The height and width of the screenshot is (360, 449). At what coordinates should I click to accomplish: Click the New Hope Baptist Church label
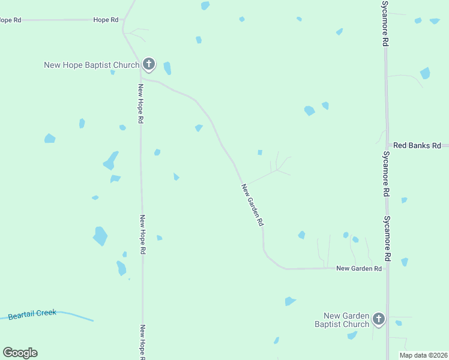coord(91,65)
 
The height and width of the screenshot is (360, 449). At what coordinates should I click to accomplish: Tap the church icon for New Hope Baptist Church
coord(149,64)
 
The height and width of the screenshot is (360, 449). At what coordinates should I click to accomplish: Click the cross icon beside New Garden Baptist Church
coord(378,319)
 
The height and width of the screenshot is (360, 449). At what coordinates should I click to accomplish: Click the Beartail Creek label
coord(32,313)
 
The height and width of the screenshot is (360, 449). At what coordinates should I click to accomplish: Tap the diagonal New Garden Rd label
coord(253,205)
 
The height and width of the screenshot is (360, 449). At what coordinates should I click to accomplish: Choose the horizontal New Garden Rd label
coord(359,268)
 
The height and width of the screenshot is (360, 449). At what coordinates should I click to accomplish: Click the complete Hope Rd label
coord(106,20)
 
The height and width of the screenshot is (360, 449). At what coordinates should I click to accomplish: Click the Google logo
coord(20,353)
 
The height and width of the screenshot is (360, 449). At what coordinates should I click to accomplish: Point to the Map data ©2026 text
coord(423,355)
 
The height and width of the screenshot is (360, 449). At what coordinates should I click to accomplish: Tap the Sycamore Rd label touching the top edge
coord(385,24)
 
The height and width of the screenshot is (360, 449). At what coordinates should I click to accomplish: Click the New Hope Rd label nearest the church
coord(140,103)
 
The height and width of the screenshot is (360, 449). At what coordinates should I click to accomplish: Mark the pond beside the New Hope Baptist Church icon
coord(167,68)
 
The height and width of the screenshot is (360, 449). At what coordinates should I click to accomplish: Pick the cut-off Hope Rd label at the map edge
coord(10,20)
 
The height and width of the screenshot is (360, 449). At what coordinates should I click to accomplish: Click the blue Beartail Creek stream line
coord(78,316)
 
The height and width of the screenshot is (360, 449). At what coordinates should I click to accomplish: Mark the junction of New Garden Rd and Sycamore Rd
coord(387,268)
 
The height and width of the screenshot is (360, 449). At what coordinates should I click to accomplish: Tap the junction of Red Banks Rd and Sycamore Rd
coord(387,145)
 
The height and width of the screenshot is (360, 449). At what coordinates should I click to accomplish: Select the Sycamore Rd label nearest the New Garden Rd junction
coord(387,238)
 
